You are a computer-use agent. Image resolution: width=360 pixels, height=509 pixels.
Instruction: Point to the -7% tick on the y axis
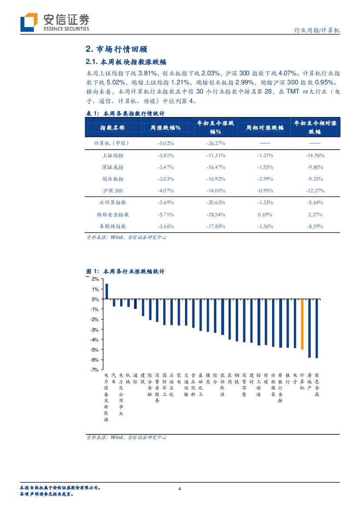coord(95,370)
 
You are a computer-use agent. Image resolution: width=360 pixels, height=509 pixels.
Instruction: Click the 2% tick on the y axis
coord(95,279)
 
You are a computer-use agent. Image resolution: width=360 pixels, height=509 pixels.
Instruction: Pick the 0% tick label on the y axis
coord(95,299)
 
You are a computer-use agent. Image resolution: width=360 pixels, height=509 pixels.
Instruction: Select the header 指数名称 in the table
coord(112,127)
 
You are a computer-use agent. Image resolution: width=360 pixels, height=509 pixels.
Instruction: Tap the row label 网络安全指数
coord(112,214)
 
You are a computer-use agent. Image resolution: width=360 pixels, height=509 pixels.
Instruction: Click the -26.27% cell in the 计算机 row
coord(215,143)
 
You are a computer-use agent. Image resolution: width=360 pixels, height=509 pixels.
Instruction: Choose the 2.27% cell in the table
coord(314,214)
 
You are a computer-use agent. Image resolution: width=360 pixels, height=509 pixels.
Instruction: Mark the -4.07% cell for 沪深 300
coord(165,191)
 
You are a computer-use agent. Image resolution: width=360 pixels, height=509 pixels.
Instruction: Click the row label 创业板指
coord(112,179)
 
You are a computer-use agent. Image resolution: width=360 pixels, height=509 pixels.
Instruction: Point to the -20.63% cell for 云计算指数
coord(215,202)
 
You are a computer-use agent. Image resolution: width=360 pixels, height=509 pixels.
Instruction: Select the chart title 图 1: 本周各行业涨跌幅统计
coord(125,271)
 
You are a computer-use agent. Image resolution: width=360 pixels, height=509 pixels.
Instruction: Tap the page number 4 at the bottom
coord(180,488)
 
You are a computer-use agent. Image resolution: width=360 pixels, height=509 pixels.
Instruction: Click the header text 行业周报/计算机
coord(317,31)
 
